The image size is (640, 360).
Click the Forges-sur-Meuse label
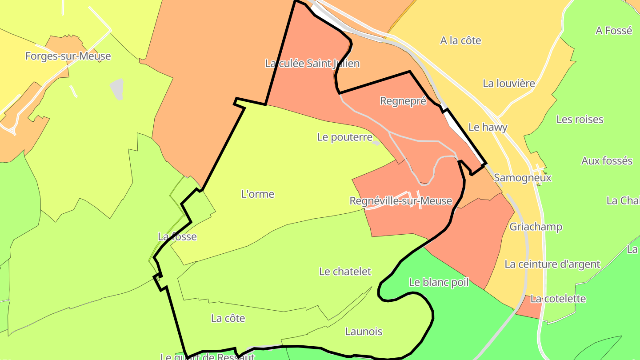coord(68,56)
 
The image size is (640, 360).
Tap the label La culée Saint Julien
coord(312,64)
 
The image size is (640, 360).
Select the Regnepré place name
coord(403,101)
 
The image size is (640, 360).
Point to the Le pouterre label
coord(344,137)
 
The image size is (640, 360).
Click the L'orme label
coord(257,194)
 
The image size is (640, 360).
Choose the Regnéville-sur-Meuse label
coord(400,201)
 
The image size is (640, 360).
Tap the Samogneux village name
coord(522,178)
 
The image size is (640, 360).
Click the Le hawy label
coord(488,127)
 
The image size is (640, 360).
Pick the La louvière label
coord(508,83)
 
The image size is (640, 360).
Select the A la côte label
coord(460,40)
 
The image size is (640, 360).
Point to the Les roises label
coord(580,120)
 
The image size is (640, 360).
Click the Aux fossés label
coord(607,161)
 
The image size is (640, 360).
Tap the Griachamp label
coord(536,227)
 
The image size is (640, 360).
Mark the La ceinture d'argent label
coord(552,264)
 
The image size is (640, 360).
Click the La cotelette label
coord(558,299)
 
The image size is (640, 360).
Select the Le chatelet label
coord(345,272)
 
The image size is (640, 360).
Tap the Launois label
coord(364,332)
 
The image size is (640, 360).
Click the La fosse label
coord(177,236)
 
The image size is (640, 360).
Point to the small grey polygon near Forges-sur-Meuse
coord(117,89)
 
